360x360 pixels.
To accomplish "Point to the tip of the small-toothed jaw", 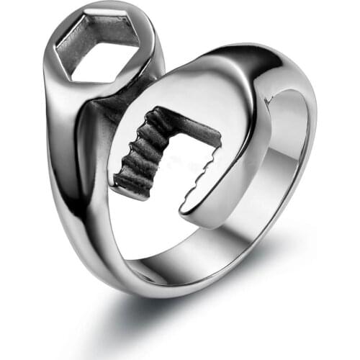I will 189,210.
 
